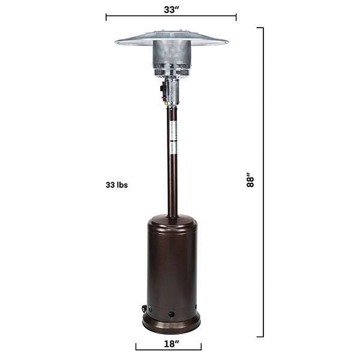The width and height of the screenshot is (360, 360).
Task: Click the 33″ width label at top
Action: point(171,10)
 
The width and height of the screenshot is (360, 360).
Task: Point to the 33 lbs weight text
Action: point(116,185)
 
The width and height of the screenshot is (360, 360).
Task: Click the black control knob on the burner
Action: point(163,90)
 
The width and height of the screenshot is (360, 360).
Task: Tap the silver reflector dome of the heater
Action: point(172,39)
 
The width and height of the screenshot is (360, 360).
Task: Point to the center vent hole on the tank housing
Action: point(172,314)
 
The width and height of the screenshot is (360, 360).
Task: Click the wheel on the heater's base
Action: point(145,309)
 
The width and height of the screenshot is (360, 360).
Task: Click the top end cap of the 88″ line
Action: point(260,28)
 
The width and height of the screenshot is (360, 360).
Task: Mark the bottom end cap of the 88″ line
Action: point(260,337)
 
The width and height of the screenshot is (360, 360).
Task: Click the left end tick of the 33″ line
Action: point(106,16)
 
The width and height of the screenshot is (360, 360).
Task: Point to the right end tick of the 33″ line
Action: point(236,16)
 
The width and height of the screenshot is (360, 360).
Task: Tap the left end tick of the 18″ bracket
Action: point(136,346)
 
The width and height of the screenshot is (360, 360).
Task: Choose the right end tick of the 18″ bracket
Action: point(201,346)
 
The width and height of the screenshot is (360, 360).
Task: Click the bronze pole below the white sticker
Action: point(172,186)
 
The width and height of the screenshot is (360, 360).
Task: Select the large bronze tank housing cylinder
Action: point(172,264)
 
